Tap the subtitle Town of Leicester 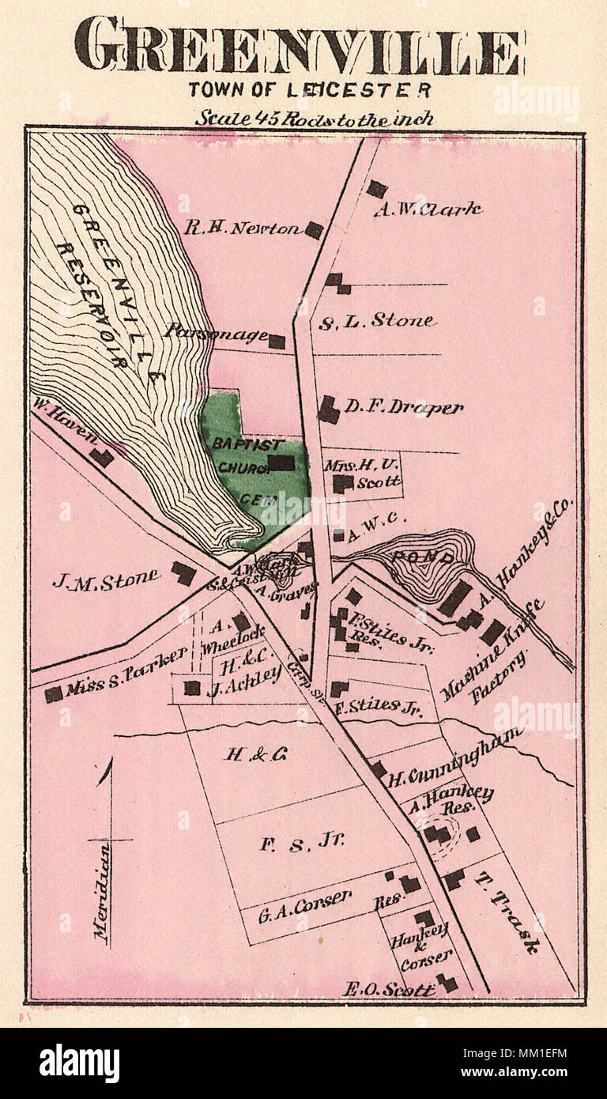pos(309,90)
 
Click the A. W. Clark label pos(428,210)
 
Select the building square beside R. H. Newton pos(314,230)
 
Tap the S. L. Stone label pos(376,321)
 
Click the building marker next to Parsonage pos(277,342)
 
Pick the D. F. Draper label pos(402,408)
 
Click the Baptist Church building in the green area pos(281,463)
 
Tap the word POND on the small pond pos(414,558)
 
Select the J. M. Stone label pos(105,579)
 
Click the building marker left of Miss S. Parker pos(53,693)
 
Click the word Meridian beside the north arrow pos(101,890)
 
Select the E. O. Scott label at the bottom pos(389,988)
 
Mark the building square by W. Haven pos(100,457)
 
